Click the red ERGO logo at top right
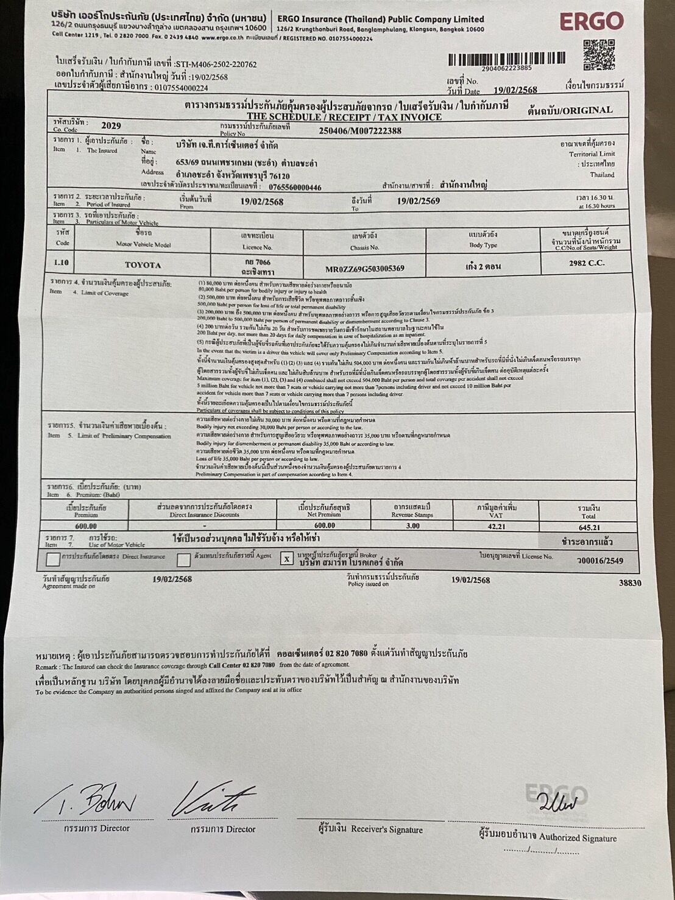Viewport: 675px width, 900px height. point(591,22)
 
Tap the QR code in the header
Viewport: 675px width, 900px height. point(598,54)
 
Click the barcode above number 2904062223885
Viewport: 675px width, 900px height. point(506,58)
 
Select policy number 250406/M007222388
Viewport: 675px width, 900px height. point(360,130)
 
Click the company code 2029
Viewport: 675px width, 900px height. point(111,126)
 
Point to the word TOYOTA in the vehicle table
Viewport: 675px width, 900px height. point(143,265)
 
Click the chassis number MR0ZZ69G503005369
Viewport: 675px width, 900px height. point(365,268)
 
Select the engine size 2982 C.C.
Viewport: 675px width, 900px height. point(585,263)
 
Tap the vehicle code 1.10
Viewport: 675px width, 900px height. point(62,263)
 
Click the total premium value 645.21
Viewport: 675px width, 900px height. point(589,528)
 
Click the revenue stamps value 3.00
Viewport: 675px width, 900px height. point(412,525)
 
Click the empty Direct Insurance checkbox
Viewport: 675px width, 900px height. point(54,559)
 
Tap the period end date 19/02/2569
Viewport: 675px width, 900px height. point(419,201)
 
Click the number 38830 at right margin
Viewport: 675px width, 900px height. point(630,583)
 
